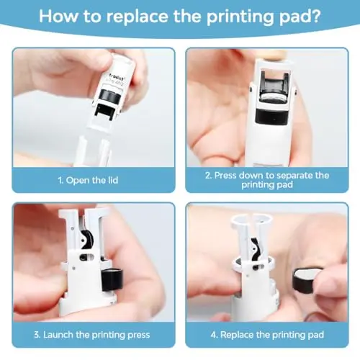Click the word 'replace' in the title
pyautogui.click(x=138, y=17)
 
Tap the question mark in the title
pyautogui.click(x=315, y=16)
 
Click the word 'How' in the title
pyautogui.click(x=58, y=16)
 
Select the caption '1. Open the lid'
pyautogui.click(x=88, y=180)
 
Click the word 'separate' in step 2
pyautogui.click(x=292, y=176)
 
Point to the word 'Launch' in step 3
pyautogui.click(x=58, y=335)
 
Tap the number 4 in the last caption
pyautogui.click(x=214, y=335)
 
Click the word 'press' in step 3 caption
pyautogui.click(x=139, y=335)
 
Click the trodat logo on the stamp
pyautogui.click(x=116, y=75)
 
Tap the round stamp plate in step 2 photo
pyautogui.click(x=274, y=99)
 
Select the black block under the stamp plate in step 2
pyautogui.click(x=271, y=117)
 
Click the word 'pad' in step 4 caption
pyautogui.click(x=316, y=335)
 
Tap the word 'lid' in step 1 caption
pyautogui.click(x=113, y=180)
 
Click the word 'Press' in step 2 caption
pyautogui.click(x=225, y=175)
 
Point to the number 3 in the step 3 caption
pyautogui.click(x=37, y=335)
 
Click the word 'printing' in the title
pyautogui.click(x=240, y=17)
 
